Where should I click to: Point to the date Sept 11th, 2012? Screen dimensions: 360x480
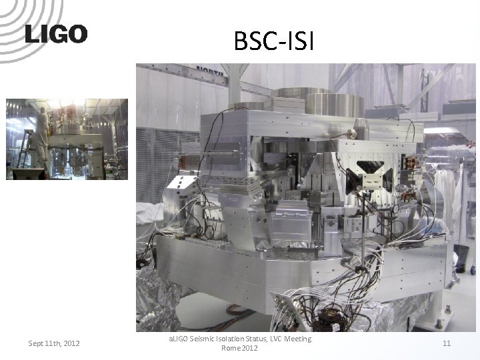[x=54, y=343]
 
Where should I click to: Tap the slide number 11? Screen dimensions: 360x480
[x=447, y=343]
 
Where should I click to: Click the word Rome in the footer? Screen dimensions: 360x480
[x=230, y=349]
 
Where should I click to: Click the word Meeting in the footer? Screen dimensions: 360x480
[x=296, y=339]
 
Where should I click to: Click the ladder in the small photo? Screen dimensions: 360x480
[x=25, y=150]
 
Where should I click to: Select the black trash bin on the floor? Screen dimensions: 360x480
[x=461, y=257]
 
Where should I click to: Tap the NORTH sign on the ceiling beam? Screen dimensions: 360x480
[x=212, y=70]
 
